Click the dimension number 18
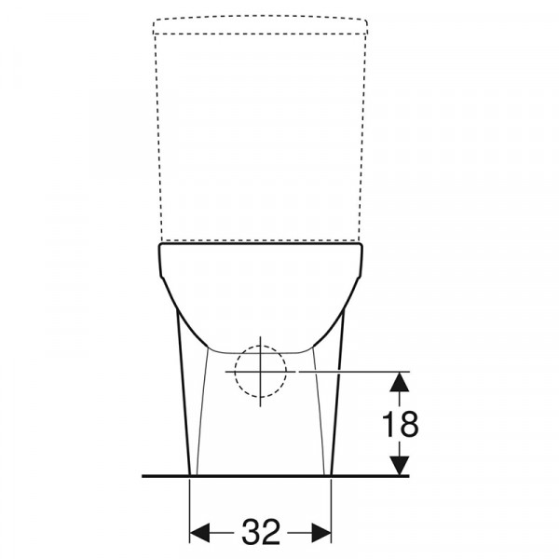400,424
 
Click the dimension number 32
261,533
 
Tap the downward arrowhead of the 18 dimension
399,465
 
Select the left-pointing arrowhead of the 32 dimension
199,533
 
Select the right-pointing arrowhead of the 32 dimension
321,533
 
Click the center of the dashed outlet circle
260,372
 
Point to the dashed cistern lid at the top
260,24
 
